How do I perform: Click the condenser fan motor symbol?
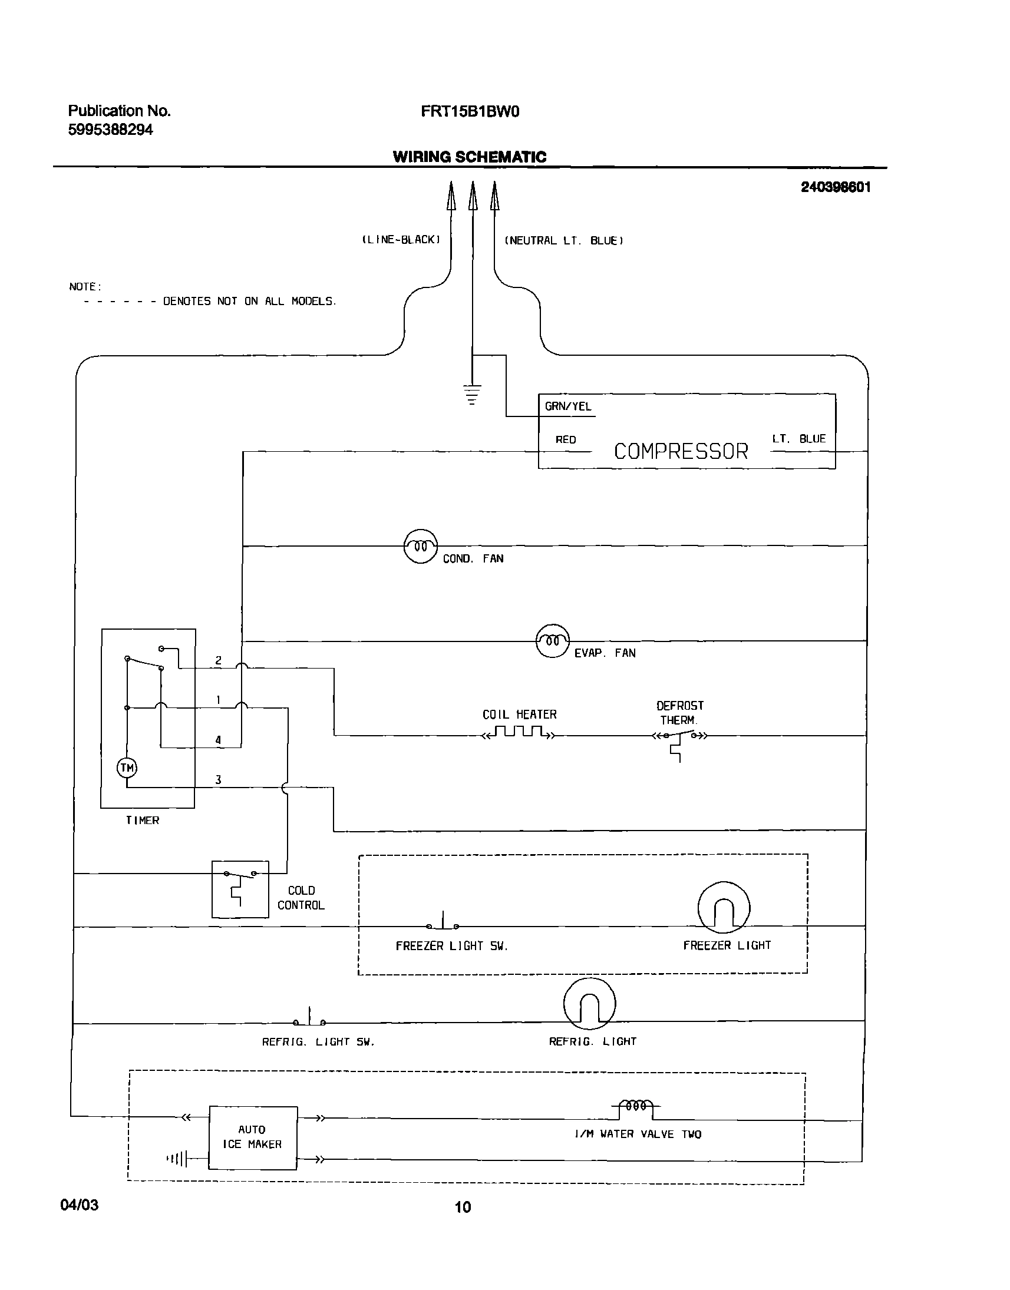tap(420, 546)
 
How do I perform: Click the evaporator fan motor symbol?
tap(552, 641)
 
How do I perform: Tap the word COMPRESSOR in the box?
tap(681, 452)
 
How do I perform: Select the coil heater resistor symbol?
tap(519, 733)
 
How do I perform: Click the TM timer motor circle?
tap(127, 768)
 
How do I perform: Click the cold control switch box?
tap(240, 889)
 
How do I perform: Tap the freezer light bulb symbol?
tap(724, 908)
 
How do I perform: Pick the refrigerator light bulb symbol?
tap(590, 1004)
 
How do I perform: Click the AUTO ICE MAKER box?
tap(253, 1137)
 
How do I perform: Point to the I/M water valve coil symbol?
tap(636, 1106)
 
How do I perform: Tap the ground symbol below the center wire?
tap(472, 393)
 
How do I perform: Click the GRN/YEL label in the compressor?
tap(567, 406)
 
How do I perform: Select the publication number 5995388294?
tap(111, 130)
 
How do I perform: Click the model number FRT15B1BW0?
tap(470, 111)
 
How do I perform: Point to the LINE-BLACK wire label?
tap(401, 239)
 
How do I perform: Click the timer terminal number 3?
tap(218, 779)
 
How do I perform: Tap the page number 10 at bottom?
tap(463, 1206)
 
